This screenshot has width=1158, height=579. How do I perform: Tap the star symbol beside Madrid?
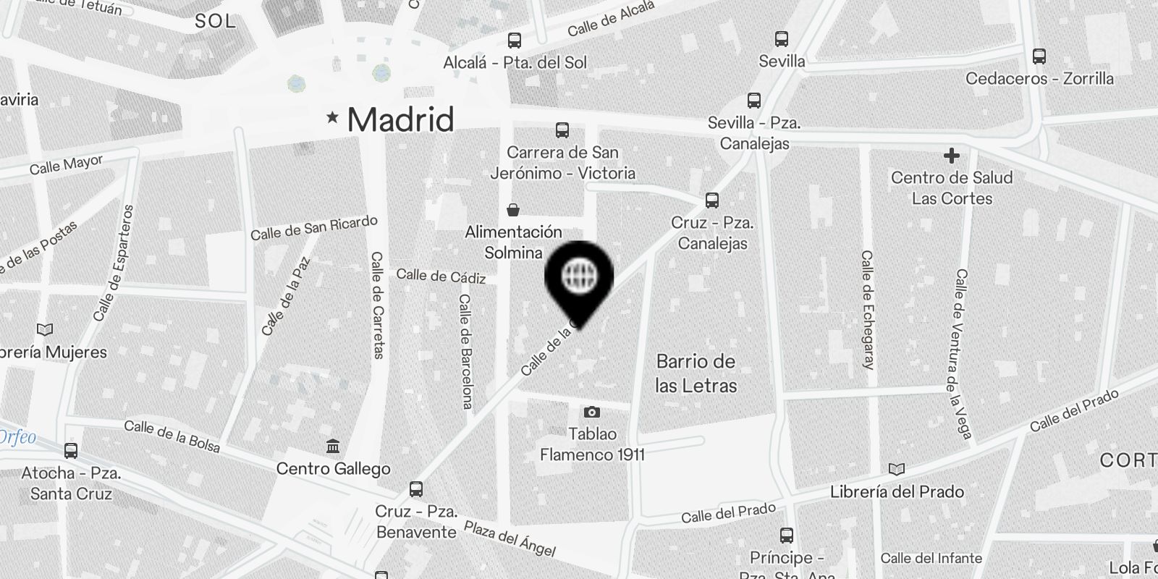332,117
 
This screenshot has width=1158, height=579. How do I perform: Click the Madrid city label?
400,119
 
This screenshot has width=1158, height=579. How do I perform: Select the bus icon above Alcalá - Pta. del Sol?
515,41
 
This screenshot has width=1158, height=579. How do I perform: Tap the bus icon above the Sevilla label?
781,39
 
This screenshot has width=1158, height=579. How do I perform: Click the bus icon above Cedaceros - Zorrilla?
1039,56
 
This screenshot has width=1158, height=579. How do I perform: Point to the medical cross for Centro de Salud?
952,156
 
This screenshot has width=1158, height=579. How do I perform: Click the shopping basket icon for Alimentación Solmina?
513,210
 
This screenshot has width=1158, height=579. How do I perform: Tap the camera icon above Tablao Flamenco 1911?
592,412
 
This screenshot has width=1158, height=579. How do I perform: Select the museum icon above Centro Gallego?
333,447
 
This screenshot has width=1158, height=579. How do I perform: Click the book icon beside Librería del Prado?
897,470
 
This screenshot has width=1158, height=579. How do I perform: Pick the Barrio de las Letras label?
696,373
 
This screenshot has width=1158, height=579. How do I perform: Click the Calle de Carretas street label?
377,305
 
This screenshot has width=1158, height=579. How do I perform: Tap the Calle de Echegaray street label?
868,310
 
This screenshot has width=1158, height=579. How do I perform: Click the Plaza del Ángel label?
510,538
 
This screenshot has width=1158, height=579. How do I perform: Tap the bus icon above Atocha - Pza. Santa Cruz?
71,451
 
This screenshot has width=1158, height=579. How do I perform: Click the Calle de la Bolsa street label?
172,436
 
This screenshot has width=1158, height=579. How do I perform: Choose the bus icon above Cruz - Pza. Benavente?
416,489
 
